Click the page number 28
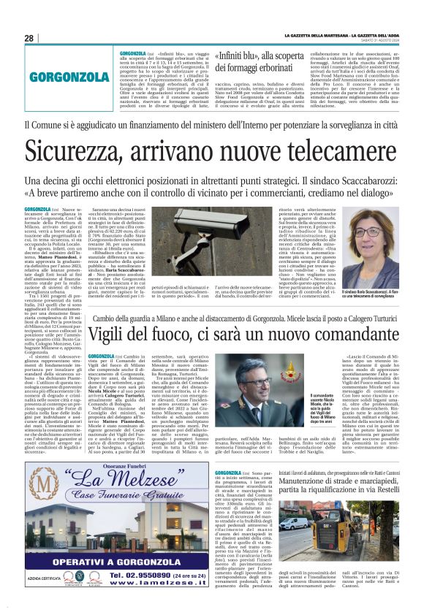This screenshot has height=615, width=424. (x=29, y=38)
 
